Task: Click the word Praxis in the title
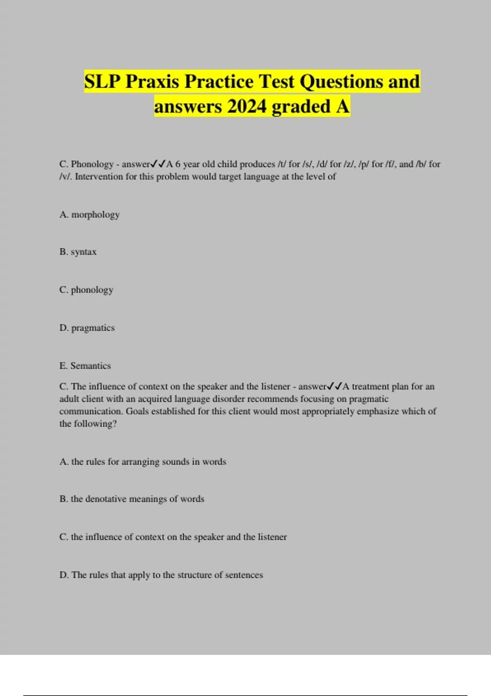[x=152, y=81]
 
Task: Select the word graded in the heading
[x=301, y=106]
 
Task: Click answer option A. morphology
[x=90, y=215]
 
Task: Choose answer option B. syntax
[x=78, y=252]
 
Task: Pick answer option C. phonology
[x=86, y=290]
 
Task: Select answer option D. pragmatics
[x=87, y=328]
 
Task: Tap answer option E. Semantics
[x=85, y=366]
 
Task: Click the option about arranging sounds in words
[x=143, y=462]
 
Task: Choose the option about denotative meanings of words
[x=132, y=499]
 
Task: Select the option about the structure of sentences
[x=161, y=575]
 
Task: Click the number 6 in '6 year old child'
[x=178, y=164]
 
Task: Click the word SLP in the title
[x=102, y=81]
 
